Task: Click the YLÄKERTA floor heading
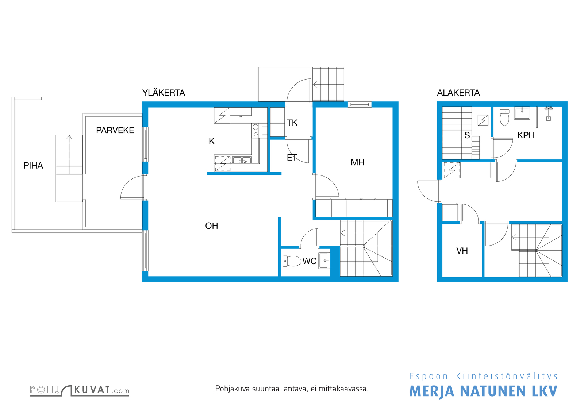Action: point(164,93)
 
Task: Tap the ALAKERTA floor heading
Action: point(458,93)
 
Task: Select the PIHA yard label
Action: point(33,166)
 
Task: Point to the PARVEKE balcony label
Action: point(115,130)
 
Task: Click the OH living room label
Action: point(211,225)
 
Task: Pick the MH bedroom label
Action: point(357,162)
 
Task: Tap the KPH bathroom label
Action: point(526,135)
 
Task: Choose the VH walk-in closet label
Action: point(462,251)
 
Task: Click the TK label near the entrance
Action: point(292,123)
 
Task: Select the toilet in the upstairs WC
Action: point(292,261)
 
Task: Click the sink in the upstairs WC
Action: point(324,260)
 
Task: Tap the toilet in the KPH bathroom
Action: point(504,117)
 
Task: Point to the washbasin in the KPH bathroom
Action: point(522,113)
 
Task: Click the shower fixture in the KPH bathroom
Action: point(549,113)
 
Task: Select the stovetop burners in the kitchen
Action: point(255,131)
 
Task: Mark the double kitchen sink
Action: point(242,160)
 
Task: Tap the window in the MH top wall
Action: point(360,104)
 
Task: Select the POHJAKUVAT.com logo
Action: point(80,390)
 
